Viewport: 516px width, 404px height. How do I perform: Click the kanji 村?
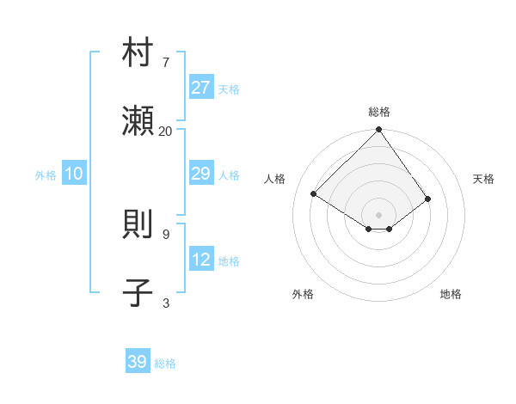tap(138, 54)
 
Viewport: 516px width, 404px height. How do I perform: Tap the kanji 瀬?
tap(138, 123)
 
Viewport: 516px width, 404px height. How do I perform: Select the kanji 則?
tap(138, 226)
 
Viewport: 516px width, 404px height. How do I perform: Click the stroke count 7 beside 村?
tap(166, 62)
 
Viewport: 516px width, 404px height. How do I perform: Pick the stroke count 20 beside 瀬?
tap(165, 131)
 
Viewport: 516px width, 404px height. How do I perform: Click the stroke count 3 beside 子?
tap(166, 303)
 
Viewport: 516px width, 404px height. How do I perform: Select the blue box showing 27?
tap(201, 88)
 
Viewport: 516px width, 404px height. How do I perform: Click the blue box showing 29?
tap(201, 174)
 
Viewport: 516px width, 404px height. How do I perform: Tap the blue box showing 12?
tap(201, 260)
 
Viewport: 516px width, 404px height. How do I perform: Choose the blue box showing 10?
tap(74, 174)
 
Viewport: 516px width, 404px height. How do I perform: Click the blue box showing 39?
tap(138, 362)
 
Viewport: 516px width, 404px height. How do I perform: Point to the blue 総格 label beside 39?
tap(165, 364)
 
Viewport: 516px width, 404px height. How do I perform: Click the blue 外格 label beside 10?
tap(46, 175)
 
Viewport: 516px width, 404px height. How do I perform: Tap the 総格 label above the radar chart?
tap(379, 112)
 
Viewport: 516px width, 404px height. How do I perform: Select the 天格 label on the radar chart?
tap(484, 179)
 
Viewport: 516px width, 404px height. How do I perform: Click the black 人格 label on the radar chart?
tap(275, 179)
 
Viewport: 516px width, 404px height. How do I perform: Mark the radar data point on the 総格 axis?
tap(379, 130)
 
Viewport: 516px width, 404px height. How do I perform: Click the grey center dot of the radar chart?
tap(379, 214)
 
